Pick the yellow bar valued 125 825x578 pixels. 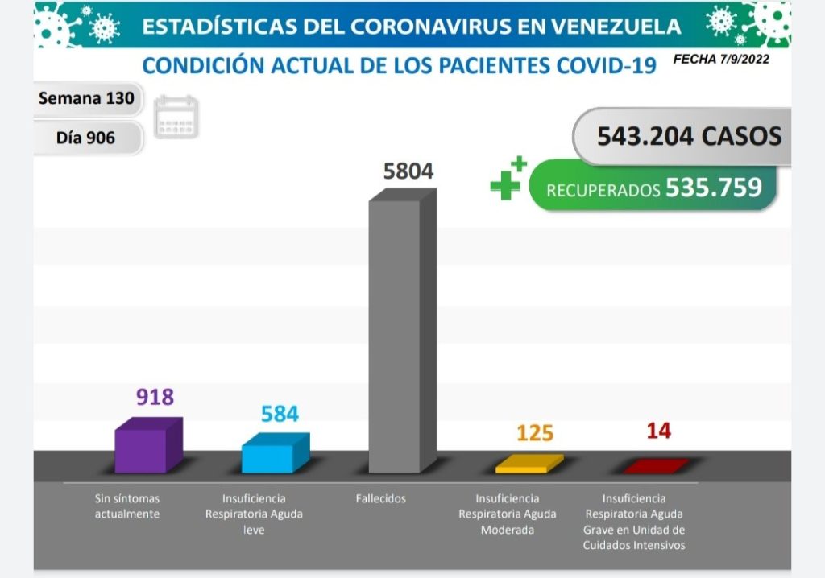coord(529,464)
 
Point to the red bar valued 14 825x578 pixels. coord(656,465)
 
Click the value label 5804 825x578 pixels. coord(408,171)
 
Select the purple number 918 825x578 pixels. coord(155,397)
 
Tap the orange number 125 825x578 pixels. coord(534,433)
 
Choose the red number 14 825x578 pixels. coord(658,431)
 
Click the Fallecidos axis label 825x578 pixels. coord(380,498)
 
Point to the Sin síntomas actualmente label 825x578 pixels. coord(126,506)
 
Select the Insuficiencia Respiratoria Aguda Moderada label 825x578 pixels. coord(507,514)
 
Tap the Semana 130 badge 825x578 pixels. coord(88,99)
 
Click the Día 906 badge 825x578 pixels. coord(86,138)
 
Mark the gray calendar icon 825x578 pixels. coord(176,118)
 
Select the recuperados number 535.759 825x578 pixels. coord(713,188)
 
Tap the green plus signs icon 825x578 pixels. coord(508,178)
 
